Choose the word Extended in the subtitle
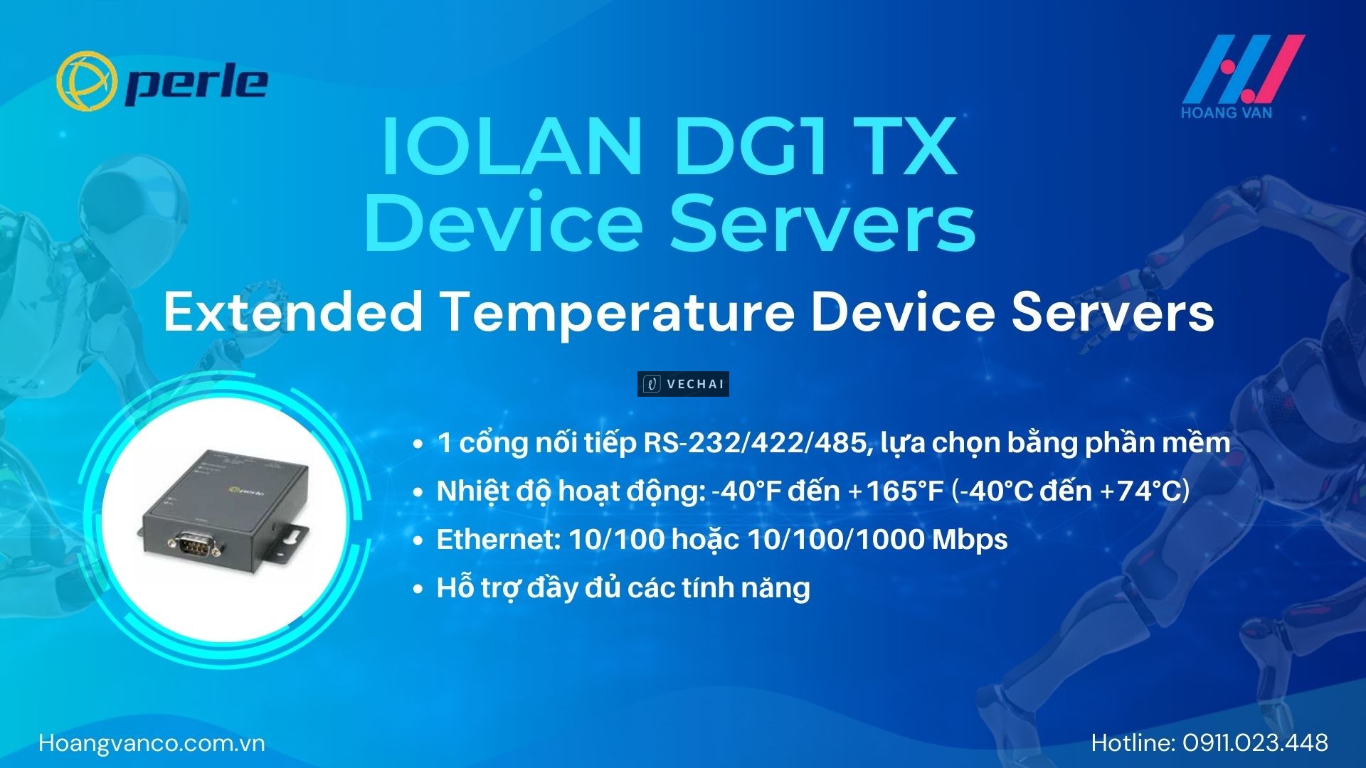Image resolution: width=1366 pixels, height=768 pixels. click(292, 312)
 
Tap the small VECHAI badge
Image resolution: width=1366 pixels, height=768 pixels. click(683, 384)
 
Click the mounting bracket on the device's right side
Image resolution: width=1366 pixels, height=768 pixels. click(292, 537)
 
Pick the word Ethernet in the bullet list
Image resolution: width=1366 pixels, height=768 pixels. click(499, 540)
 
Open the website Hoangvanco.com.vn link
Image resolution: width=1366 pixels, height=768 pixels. click(152, 743)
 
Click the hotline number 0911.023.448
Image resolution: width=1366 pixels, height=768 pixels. click(1256, 743)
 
